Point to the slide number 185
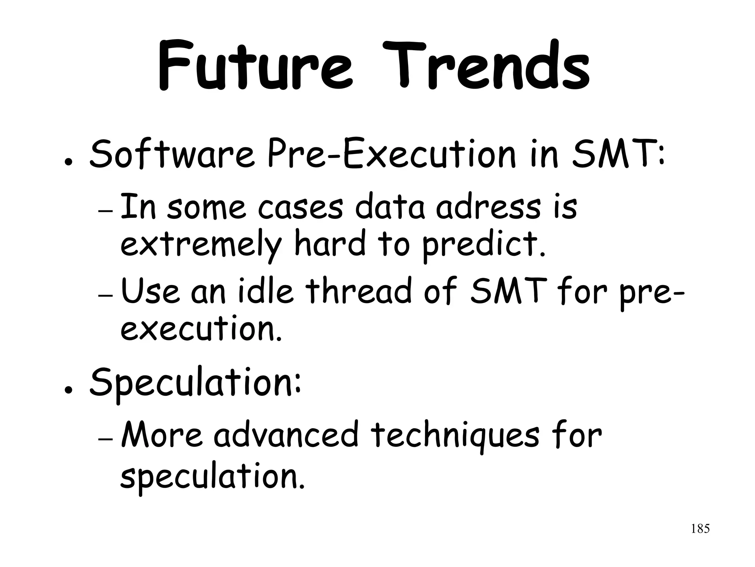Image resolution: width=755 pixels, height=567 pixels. (x=700, y=529)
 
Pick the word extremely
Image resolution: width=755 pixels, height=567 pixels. (x=201, y=245)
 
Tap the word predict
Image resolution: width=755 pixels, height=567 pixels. (x=483, y=245)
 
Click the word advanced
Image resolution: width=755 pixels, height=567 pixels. (x=286, y=436)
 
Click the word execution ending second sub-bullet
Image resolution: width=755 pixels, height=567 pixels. (x=201, y=329)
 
